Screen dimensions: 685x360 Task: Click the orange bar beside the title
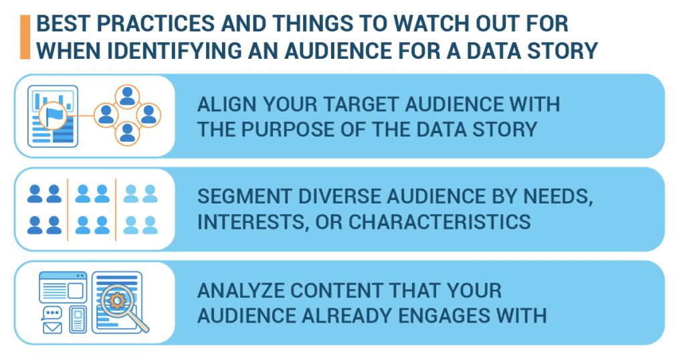(25, 37)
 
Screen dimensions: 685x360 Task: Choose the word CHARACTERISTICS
(439, 222)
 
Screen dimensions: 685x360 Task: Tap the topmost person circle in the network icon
(127, 97)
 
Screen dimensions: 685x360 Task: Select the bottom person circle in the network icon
(127, 133)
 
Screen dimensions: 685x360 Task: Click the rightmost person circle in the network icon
(149, 115)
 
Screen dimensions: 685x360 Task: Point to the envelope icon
(52, 327)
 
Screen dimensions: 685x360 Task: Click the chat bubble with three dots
(52, 313)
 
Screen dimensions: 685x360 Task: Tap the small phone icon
(78, 319)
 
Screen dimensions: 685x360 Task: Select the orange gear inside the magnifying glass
(117, 300)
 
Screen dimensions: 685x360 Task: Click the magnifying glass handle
(140, 324)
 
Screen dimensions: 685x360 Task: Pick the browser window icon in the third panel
(63, 287)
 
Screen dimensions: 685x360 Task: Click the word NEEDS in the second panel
(558, 197)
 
